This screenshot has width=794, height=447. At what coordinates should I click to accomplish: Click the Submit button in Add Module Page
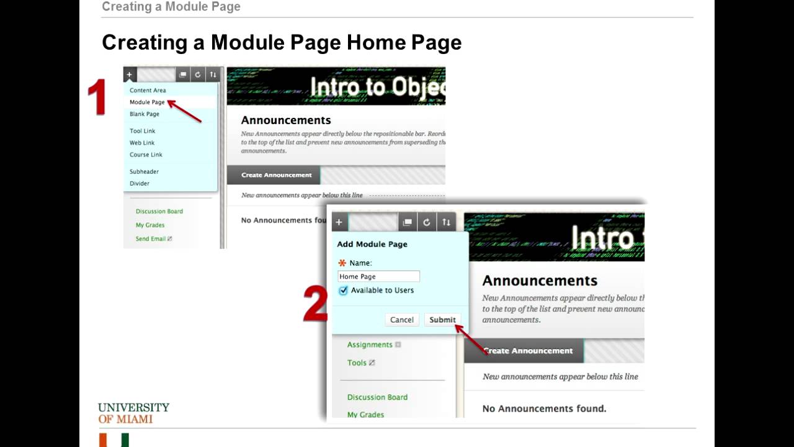click(x=442, y=320)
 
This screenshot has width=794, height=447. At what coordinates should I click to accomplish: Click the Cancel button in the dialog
click(x=401, y=320)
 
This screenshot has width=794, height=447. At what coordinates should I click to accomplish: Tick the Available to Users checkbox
click(x=344, y=291)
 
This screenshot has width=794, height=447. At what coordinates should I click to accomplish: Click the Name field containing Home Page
click(x=378, y=276)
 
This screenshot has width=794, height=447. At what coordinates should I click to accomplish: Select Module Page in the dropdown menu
click(x=147, y=102)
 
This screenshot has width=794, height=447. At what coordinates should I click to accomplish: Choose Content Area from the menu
click(x=148, y=91)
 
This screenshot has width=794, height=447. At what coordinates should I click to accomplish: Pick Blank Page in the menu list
click(x=145, y=114)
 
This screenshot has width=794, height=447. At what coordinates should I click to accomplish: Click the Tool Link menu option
click(x=143, y=131)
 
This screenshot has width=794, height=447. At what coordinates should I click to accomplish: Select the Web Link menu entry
click(x=142, y=143)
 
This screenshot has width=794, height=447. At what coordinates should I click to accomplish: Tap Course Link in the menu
click(x=146, y=155)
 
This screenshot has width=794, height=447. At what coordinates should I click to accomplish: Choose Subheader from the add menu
click(x=144, y=171)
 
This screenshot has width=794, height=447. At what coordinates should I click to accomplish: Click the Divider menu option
click(x=140, y=183)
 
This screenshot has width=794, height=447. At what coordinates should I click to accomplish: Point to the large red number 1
click(x=97, y=97)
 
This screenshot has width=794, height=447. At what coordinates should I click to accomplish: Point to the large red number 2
click(x=315, y=304)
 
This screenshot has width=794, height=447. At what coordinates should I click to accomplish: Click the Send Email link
click(x=151, y=239)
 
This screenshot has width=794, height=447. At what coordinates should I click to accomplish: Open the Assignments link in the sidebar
click(x=370, y=345)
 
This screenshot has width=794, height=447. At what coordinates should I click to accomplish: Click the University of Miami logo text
click(x=133, y=413)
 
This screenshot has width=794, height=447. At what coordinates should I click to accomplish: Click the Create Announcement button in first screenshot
click(x=276, y=175)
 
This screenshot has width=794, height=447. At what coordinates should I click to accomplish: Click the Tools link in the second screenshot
click(x=357, y=363)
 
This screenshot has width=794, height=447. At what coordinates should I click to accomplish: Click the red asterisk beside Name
click(x=342, y=263)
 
